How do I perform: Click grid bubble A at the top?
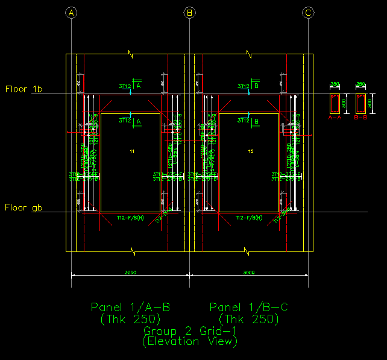click(x=72, y=13)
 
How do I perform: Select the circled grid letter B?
click(x=190, y=13)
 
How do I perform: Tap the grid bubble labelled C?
click(x=308, y=13)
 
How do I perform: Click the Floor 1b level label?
click(x=24, y=89)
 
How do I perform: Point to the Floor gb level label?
click(x=24, y=207)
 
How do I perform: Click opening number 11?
click(x=131, y=151)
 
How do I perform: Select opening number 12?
click(x=250, y=151)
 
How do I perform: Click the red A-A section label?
click(x=335, y=118)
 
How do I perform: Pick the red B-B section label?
click(x=361, y=118)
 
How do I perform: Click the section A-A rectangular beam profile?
click(x=335, y=104)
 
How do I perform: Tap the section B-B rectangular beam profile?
click(x=361, y=104)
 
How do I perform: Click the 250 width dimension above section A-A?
click(x=335, y=84)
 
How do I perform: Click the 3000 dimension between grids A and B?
click(x=130, y=273)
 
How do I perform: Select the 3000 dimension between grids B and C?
click(x=248, y=273)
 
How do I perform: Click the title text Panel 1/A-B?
click(x=130, y=308)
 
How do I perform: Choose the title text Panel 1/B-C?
click(x=249, y=308)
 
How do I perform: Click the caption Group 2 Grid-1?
click(x=190, y=331)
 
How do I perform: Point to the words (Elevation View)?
click(x=190, y=341)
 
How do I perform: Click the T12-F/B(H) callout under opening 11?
click(x=130, y=217)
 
